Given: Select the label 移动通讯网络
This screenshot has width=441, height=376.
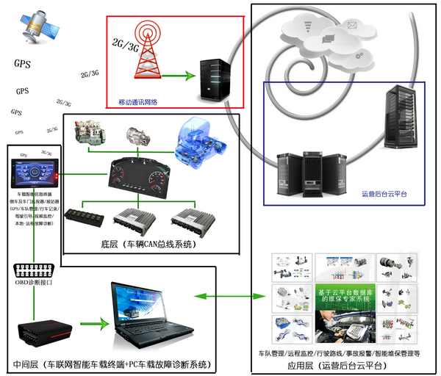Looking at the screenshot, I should tap(148, 102).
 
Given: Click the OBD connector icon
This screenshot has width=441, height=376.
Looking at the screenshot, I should tap(34, 270).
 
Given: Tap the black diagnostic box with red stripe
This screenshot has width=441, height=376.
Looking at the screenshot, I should tap(43, 328).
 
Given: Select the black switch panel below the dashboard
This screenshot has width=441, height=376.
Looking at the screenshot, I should tap(85, 217).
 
